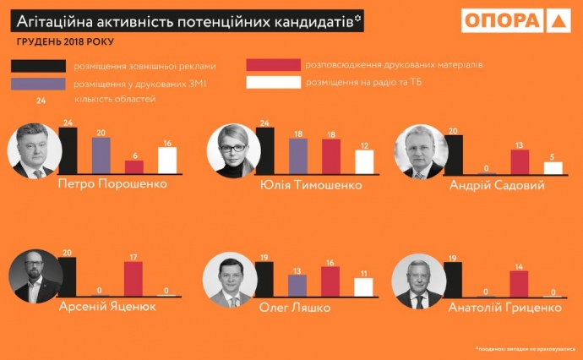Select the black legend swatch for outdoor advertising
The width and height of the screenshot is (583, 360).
pos(39,66)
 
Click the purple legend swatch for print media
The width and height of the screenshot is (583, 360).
pos(39,83)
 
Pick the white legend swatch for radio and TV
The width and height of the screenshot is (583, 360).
pos(274,82)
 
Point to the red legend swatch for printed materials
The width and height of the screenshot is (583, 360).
pos(274,65)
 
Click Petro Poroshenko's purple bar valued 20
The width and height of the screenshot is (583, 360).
pos(101,155)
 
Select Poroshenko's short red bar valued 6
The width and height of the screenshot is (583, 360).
pos(134,166)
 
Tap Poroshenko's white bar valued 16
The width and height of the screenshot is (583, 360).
pos(167,159)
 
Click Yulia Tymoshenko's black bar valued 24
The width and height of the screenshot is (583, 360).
pos(265,150)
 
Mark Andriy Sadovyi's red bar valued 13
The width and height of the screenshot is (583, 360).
pos(520,161)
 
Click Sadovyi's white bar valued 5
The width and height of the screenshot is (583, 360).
pos(553,167)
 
